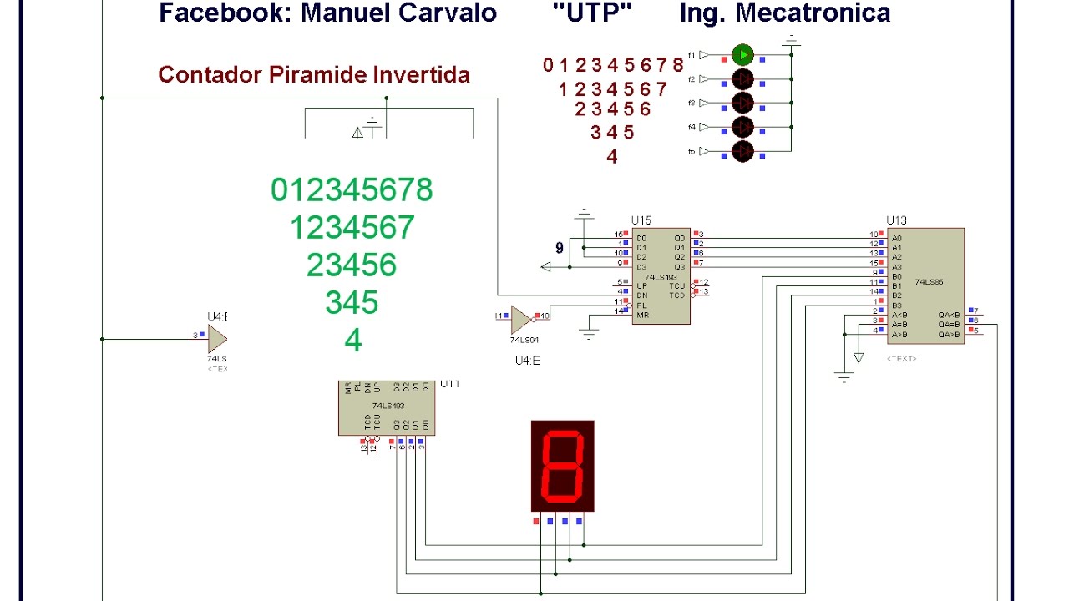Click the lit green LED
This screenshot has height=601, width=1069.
(742, 55)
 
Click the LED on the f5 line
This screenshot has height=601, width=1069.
(742, 151)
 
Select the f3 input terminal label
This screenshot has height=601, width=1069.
(692, 103)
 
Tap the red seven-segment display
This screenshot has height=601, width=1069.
(563, 466)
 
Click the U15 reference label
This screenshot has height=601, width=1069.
(641, 220)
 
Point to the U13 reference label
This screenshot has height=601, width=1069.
(896, 220)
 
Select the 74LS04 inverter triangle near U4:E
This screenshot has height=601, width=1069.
(521, 318)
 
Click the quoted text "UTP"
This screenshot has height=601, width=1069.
(591, 13)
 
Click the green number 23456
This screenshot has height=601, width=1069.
(352, 265)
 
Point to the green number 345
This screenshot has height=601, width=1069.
(352, 302)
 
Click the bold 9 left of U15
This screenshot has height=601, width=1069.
(560, 248)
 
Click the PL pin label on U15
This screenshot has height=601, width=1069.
(641, 306)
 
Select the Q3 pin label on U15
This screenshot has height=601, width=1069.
(680, 266)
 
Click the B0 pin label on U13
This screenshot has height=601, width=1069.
(897, 276)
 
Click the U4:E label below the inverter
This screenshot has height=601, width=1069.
(528, 361)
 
